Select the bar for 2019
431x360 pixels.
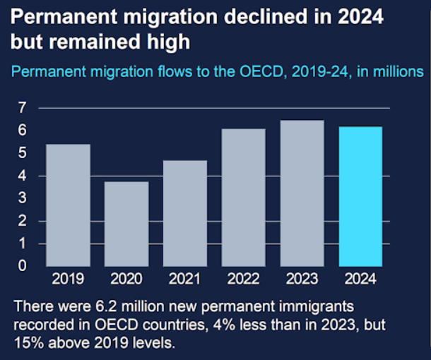[69, 205]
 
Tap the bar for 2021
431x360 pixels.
[187, 212]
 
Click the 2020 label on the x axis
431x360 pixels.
[128, 279]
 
